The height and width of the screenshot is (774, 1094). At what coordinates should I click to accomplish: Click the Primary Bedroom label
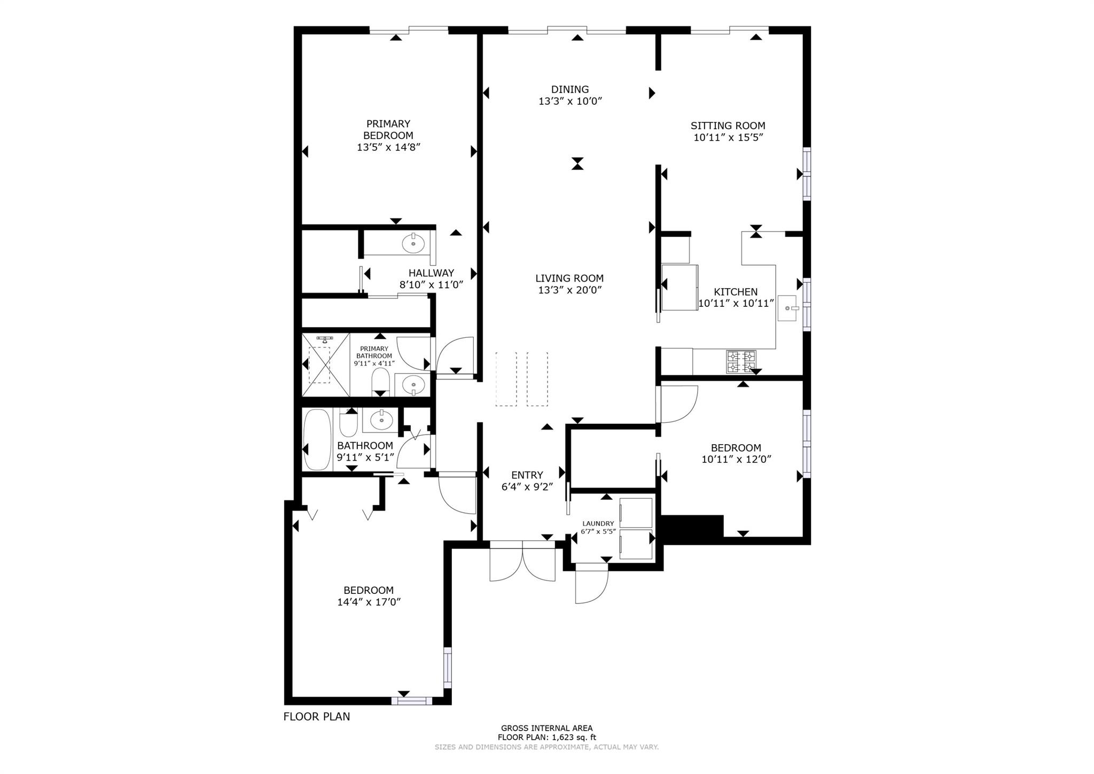388,129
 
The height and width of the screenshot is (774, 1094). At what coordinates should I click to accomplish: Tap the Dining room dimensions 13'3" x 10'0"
571,101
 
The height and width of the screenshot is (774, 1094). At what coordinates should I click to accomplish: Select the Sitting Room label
728,126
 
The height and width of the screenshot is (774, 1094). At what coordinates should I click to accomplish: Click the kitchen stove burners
741,361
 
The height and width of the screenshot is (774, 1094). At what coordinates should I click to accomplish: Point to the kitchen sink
787,308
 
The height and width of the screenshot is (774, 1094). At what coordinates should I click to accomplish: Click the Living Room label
569,278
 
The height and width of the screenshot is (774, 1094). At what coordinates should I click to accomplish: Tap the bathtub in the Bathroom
317,440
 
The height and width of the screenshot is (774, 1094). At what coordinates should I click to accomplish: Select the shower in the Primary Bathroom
326,365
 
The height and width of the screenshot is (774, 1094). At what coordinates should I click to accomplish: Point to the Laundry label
598,524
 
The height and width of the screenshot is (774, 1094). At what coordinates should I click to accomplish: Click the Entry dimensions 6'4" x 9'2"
527,487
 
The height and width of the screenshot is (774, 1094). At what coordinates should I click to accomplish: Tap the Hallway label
431,273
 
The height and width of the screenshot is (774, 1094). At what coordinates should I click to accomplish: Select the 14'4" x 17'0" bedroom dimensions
369,602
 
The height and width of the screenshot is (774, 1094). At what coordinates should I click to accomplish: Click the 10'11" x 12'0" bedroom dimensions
736,459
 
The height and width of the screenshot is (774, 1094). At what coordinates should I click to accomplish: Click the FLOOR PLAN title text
317,717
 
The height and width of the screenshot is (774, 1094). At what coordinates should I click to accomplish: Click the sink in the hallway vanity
413,243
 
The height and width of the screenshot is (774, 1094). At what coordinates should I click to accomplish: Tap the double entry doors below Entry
522,561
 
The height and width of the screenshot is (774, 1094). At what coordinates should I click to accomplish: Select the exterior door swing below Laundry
591,583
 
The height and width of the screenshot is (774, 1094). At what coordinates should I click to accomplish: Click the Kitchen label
736,292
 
